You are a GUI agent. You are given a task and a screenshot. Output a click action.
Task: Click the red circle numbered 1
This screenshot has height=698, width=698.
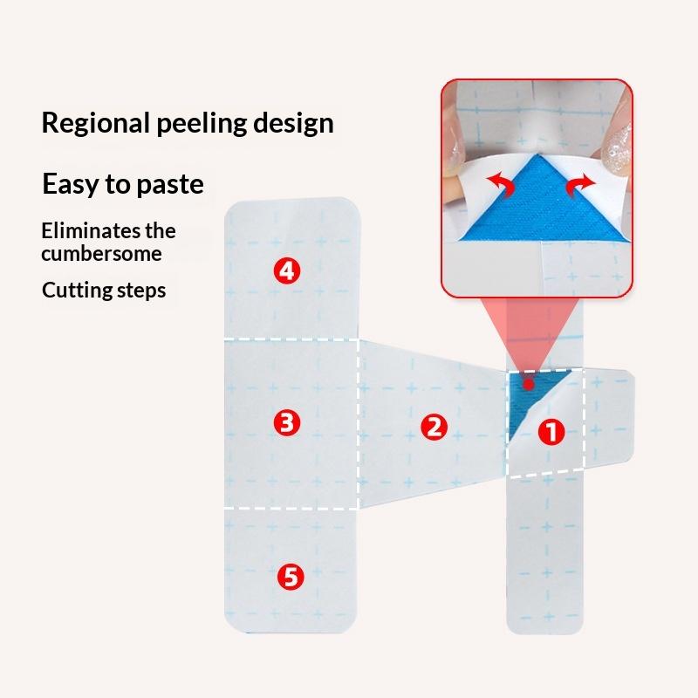point(551,431)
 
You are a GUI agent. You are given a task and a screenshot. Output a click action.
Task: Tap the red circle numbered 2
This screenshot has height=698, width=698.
point(434,427)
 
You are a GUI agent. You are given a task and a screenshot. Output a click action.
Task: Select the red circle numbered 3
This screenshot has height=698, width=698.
point(287,422)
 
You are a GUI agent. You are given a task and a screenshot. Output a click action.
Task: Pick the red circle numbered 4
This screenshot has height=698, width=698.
point(287,270)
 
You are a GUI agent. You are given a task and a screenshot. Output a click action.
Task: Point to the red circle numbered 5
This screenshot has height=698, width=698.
point(291,577)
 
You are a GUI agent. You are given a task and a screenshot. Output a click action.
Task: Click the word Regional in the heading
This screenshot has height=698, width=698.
point(95,123)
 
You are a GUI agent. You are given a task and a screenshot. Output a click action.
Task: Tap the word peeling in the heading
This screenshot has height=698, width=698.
point(202,124)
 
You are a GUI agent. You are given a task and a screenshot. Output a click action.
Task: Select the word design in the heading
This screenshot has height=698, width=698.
point(293,124)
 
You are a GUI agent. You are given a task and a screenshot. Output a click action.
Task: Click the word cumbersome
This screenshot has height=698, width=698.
point(101,254)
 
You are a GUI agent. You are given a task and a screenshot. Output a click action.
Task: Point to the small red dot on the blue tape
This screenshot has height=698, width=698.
point(529,384)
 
